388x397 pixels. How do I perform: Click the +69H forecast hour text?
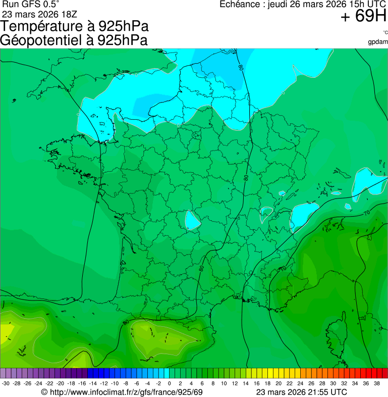click(363, 17)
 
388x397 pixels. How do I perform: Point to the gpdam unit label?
click(378, 41)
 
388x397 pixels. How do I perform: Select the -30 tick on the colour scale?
click(6, 383)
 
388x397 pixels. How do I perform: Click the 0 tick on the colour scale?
click(169, 383)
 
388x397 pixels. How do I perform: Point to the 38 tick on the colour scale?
click(376, 383)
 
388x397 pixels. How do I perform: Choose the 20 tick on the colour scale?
click(279, 383)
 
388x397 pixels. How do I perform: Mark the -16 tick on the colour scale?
click(82, 383)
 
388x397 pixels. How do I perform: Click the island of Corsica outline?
click(337, 328)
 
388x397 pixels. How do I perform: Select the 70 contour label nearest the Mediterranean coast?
click(282, 268)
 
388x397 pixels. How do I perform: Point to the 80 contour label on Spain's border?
click(126, 322)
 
